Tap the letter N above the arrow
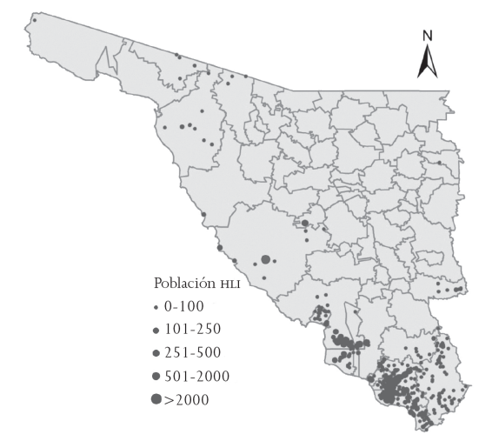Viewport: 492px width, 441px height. [427, 36]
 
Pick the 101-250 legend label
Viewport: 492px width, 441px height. [193, 329]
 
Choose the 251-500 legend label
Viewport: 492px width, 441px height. [193, 352]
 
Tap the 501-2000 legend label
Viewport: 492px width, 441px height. [197, 376]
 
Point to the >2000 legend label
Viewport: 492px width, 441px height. [187, 399]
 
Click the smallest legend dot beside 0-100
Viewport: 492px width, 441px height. [156, 308]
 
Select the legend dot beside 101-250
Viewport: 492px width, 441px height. [156, 330]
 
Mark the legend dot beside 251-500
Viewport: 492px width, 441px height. [156, 352]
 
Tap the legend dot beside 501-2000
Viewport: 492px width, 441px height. [156, 376]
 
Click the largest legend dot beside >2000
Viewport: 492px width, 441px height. [156, 399]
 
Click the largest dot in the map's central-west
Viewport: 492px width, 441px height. [265, 259]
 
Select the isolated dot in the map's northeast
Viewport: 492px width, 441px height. [440, 163]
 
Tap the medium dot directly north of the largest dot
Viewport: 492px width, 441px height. [305, 224]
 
